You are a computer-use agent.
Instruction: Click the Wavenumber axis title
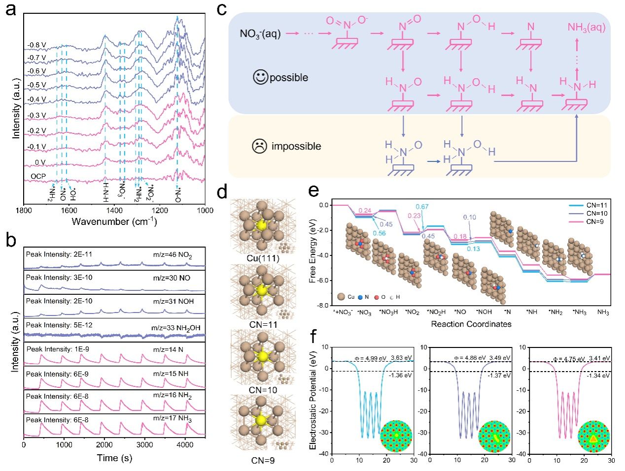(114, 221)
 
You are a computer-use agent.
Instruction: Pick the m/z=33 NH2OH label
(175, 327)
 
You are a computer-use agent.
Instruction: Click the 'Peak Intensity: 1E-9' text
(58, 349)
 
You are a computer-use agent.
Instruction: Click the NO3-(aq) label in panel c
(260, 33)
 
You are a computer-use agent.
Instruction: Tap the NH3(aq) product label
(586, 28)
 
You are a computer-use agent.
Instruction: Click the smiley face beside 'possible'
(260, 77)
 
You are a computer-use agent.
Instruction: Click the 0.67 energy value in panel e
(421, 207)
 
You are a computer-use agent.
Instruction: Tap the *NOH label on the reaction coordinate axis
(484, 313)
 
